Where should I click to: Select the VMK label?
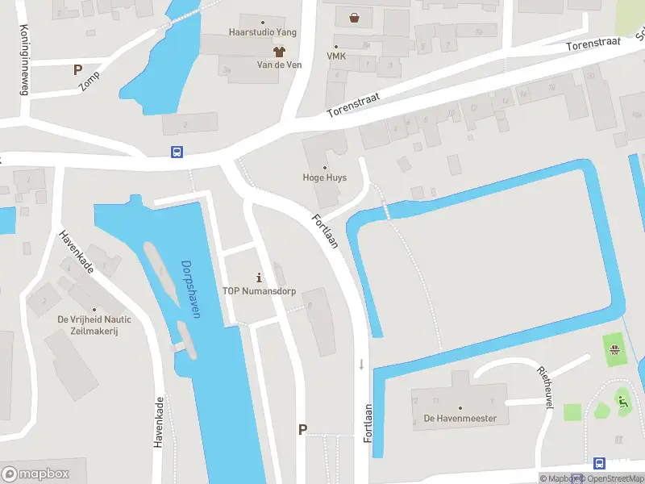(x=335, y=56)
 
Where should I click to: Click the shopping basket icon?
(x=354, y=17)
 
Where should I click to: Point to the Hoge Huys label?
(x=324, y=177)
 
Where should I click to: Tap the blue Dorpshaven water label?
(x=190, y=289)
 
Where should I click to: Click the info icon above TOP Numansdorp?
(x=258, y=277)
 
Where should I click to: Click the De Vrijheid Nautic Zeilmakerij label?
(x=94, y=324)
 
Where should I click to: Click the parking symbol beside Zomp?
(x=78, y=70)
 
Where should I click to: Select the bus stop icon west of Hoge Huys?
(x=176, y=152)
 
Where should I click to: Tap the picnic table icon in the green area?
(x=614, y=349)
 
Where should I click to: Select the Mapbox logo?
(x=35, y=474)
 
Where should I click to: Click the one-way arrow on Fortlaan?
(x=361, y=364)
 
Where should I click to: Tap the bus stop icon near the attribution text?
(x=599, y=463)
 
